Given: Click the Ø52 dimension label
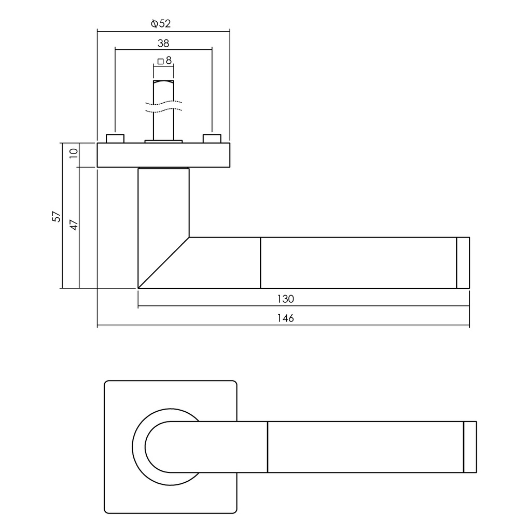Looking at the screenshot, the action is click(161, 23).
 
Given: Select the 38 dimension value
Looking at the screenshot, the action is click(163, 44).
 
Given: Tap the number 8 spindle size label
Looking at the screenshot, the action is click(169, 60).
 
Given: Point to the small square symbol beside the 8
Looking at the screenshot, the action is click(161, 61).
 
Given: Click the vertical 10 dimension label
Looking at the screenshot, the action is click(74, 153).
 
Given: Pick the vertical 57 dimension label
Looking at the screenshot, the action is click(56, 216).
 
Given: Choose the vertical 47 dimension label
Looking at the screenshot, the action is click(74, 225).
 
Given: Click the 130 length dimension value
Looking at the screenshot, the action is click(286, 299).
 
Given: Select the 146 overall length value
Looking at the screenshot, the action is click(286, 318).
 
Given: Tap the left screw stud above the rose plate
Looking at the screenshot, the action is click(115, 138).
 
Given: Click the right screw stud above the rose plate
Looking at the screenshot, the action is click(212, 138).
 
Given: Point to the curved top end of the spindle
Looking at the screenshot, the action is click(163, 82).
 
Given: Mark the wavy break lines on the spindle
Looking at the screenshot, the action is click(163, 106).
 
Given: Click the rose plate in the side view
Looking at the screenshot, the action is click(163, 155).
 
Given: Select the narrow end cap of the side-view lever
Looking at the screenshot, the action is click(463, 263).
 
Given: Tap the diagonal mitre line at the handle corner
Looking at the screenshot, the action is click(163, 263).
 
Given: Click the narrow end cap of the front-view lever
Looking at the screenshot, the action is click(470, 447).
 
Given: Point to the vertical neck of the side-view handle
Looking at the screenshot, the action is click(163, 203).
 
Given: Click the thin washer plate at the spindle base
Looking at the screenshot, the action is click(163, 141).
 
